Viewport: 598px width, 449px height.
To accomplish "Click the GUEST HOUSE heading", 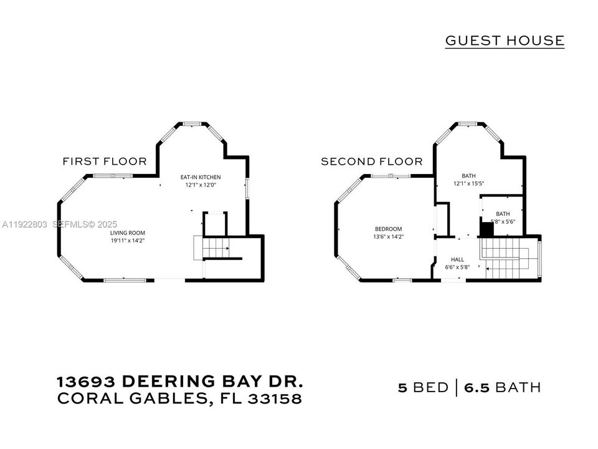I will click(505, 41).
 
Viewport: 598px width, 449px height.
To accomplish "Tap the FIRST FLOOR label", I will click(105, 162).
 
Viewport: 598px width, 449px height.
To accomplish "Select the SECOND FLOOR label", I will click(371, 162).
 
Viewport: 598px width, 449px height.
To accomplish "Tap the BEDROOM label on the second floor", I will click(388, 229).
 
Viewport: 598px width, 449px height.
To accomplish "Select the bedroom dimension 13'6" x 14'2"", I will click(388, 236).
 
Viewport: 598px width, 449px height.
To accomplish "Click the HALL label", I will click(458, 259).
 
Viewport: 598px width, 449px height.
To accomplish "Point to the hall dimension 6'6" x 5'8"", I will click(458, 267).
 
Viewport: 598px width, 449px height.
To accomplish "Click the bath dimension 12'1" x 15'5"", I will click(468, 184).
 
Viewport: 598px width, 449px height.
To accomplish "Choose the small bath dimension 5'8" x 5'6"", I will click(503, 221).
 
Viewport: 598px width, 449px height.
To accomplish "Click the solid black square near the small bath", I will click(486, 229).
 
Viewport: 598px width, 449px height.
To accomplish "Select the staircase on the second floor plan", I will click(508, 259).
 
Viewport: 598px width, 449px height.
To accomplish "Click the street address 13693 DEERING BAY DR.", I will click(181, 382).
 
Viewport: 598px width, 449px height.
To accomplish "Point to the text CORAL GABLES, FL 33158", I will click(179, 399).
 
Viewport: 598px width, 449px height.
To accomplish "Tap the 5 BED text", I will click(423, 387).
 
